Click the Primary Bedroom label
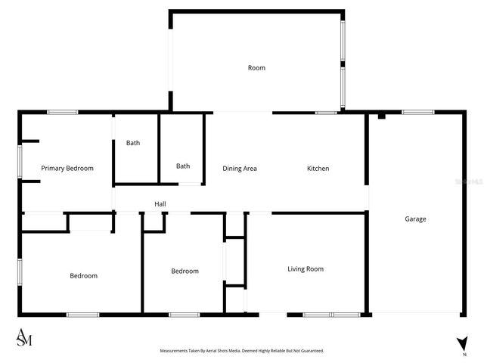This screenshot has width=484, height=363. [67, 168]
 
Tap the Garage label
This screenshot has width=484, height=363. [415, 219]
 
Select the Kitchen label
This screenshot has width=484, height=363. [318, 168]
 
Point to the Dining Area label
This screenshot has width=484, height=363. [240, 168]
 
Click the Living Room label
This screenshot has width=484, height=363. [306, 268]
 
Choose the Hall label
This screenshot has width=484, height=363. [160, 203]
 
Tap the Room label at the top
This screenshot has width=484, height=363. [256, 68]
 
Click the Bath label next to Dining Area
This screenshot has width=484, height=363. [183, 166]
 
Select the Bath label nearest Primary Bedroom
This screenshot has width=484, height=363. [133, 143]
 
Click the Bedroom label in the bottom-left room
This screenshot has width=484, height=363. [83, 275]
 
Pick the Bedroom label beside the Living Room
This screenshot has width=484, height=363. [185, 271]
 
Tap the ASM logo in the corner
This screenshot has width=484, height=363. [24, 339]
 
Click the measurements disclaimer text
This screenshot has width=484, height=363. [241, 351]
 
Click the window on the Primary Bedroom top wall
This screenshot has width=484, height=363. [62, 113]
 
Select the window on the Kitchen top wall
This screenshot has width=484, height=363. [326, 113]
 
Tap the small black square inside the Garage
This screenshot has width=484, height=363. [382, 116]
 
